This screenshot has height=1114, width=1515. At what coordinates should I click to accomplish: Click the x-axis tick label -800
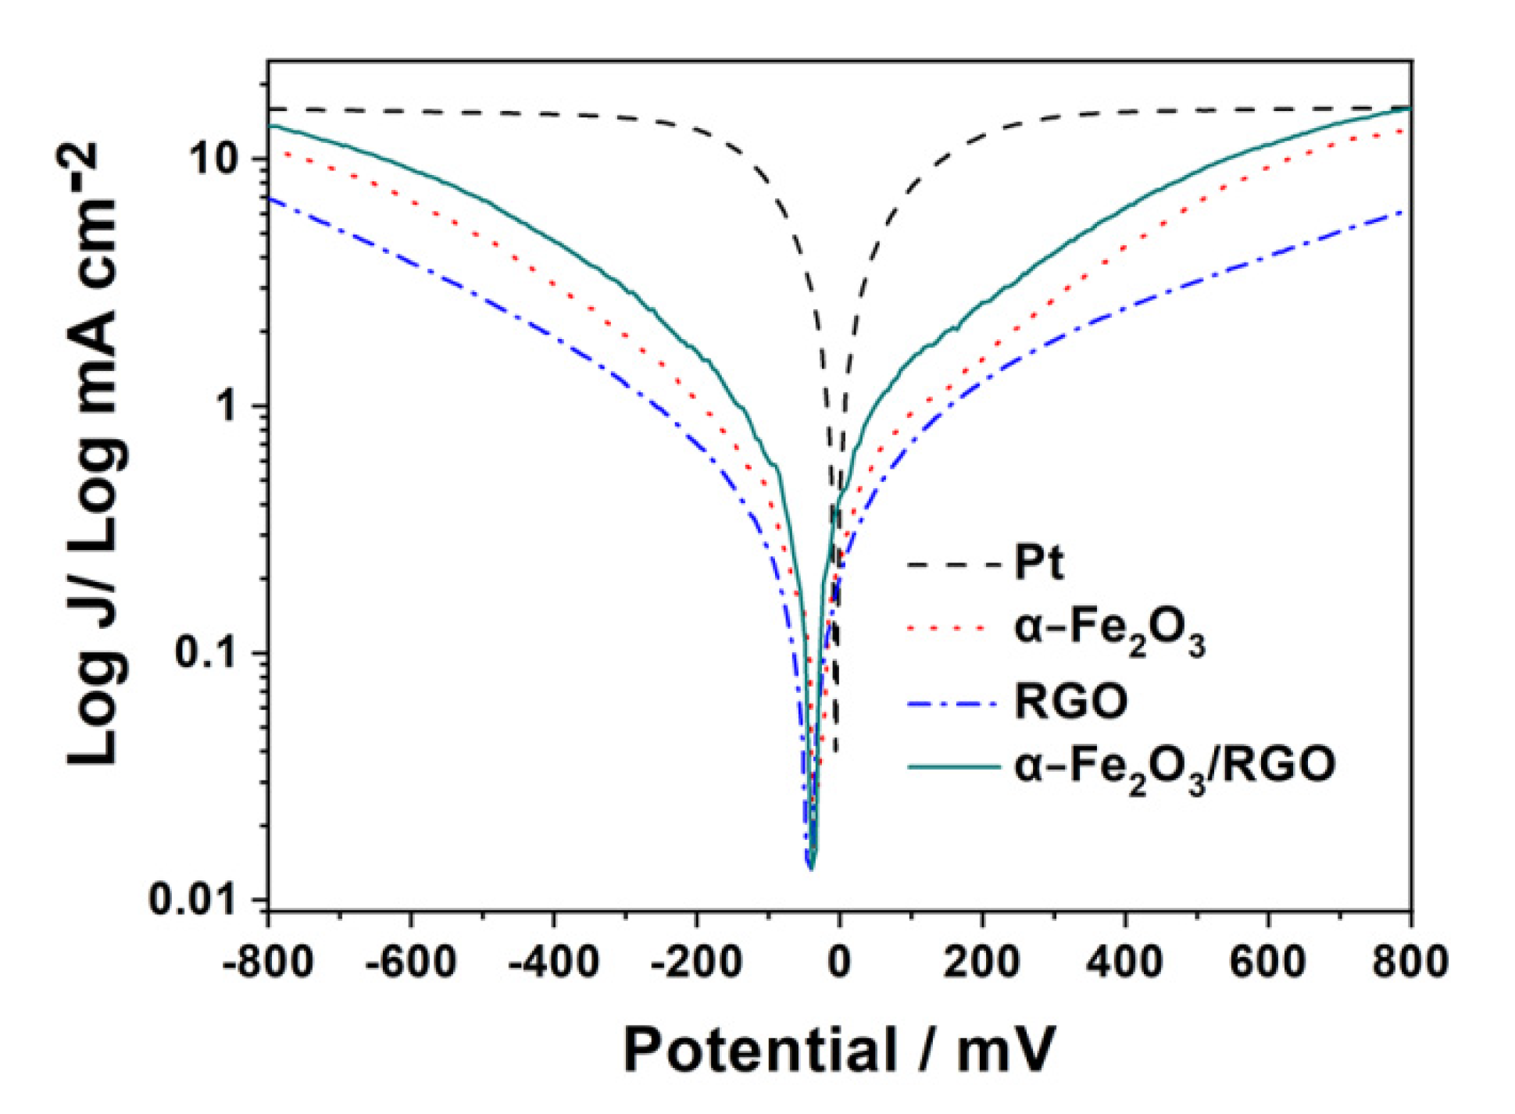tap(267, 962)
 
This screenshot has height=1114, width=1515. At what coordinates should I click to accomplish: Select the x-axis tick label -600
tap(411, 962)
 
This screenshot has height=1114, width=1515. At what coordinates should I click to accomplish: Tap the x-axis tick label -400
tap(554, 962)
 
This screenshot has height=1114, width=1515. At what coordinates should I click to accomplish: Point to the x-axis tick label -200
tap(697, 962)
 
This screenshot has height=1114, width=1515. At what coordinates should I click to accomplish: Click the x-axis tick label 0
tap(839, 962)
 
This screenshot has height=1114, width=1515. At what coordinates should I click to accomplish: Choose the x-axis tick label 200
tap(981, 962)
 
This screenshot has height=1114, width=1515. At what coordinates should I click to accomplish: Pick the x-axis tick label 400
tap(1124, 962)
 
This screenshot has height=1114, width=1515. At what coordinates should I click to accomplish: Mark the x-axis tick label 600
tap(1267, 962)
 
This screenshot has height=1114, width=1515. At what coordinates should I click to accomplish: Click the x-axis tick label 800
tap(1410, 962)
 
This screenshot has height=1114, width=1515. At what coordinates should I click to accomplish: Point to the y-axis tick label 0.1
tap(206, 653)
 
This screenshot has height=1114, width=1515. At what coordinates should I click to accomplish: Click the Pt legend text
tap(1038, 562)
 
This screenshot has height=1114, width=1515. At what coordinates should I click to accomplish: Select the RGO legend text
tap(1070, 701)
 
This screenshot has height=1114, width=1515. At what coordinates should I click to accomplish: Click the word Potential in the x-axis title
tap(759, 1052)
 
